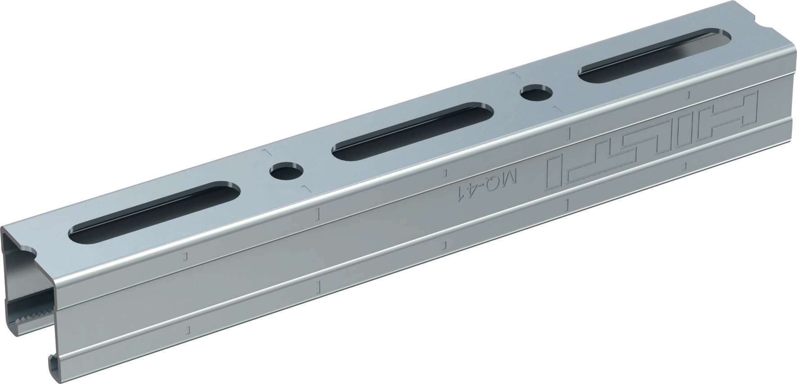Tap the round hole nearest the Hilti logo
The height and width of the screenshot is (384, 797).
(536, 94)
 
